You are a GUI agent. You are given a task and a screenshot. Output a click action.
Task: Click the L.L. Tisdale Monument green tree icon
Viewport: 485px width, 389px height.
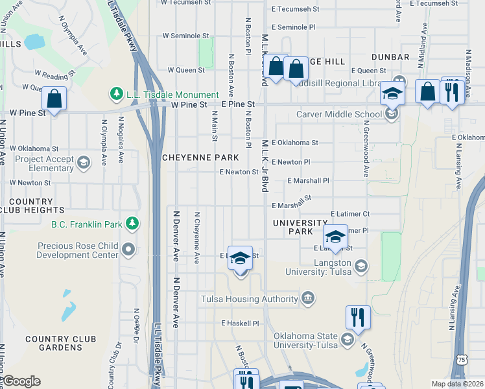117,95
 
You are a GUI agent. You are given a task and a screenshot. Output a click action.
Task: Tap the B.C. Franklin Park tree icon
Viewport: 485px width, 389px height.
132,224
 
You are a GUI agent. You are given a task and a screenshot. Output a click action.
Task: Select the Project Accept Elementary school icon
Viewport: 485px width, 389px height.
83,162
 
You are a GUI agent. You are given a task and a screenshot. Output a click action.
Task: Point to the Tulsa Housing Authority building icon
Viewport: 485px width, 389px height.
308,299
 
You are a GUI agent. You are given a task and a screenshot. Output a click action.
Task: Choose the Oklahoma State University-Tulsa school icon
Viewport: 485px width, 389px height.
348,340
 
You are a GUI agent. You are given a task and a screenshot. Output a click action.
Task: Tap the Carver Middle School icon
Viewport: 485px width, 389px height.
391,115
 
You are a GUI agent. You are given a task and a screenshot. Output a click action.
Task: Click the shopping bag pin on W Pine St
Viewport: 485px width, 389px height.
54,100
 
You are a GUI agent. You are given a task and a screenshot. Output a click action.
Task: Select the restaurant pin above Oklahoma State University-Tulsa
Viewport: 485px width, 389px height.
358,318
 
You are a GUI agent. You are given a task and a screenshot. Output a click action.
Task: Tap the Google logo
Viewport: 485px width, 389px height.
21,381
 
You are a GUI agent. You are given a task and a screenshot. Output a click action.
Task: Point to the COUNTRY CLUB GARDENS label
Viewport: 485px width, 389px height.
60,343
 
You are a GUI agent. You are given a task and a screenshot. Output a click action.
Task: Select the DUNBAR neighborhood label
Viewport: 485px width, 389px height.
391,57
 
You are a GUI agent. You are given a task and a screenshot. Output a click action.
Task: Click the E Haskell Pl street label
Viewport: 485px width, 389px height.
240,323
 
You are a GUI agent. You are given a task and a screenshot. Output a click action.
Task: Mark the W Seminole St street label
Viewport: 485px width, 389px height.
185,36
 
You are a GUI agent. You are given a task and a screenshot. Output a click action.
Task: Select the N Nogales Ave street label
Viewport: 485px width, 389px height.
121,139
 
